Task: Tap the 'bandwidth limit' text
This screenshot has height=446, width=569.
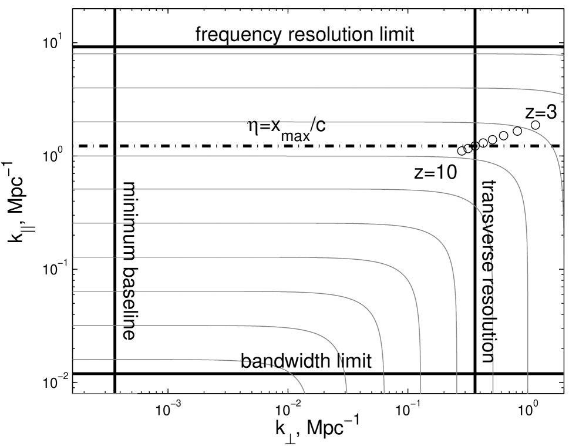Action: tap(306, 361)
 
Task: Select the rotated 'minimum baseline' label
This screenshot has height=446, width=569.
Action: tap(130, 260)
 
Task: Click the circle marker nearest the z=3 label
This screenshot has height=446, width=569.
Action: tap(535, 125)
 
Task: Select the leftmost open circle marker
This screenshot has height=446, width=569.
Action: tap(462, 150)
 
